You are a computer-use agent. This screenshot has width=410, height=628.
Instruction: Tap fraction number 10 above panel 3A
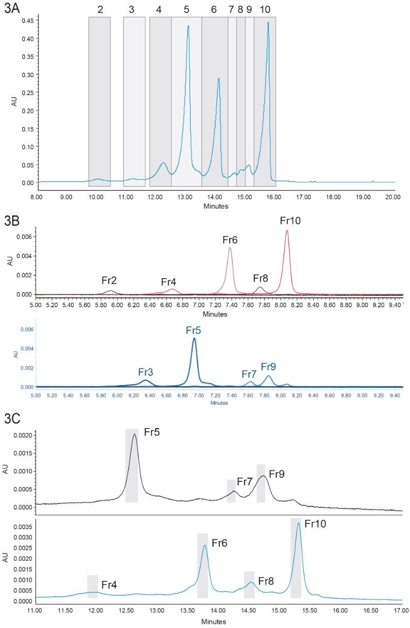[265, 9]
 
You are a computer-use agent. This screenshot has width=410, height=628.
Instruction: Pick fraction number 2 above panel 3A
[100, 9]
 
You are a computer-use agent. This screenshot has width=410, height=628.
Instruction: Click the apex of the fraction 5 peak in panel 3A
[188, 26]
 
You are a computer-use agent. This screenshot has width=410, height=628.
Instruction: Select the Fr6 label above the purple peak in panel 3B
[230, 240]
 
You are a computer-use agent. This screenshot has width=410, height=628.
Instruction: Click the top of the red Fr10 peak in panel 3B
[287, 231]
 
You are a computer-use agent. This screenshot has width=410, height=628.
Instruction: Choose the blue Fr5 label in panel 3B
[194, 330]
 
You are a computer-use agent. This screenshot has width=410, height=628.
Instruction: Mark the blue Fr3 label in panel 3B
[146, 372]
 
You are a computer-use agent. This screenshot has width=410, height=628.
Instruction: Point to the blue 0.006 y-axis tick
[21, 330]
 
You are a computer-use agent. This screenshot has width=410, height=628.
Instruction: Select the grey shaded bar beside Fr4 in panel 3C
[92, 586]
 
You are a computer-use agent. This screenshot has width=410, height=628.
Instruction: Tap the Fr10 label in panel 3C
[315, 523]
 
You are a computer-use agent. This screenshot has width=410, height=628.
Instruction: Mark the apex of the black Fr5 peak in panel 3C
[134, 434]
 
